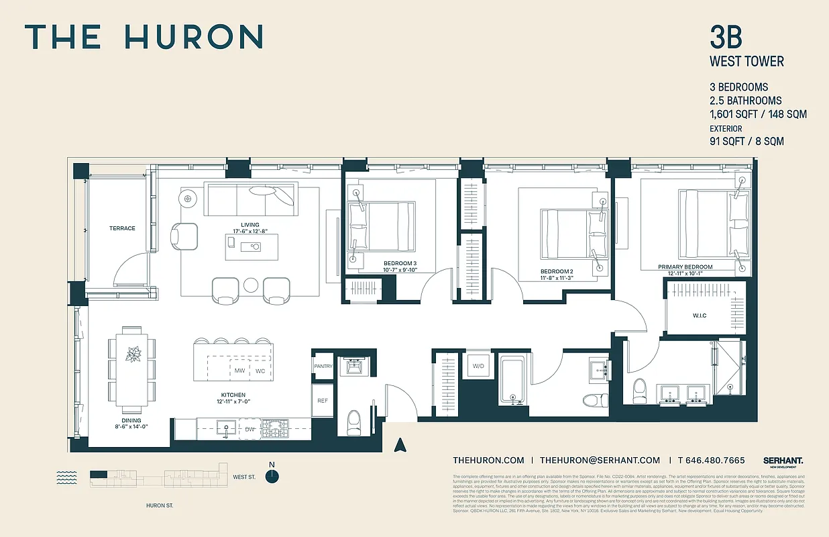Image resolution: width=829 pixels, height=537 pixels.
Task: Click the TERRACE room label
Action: coord(122,228)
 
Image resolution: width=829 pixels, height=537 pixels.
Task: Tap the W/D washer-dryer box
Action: coord(479,367)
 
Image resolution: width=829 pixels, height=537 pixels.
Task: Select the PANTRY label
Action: coord(323,367)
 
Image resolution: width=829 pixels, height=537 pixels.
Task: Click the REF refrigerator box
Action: coord(323,400)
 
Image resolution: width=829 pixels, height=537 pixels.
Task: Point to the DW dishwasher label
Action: coord(250,428)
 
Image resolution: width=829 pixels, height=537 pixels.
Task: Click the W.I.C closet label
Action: coord(700,315)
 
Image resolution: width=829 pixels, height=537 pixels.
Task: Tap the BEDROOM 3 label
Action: coord(400,263)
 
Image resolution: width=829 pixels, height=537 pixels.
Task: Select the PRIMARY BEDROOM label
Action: coord(685,266)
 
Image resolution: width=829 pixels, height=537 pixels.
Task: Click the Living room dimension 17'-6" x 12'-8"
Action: coord(245,232)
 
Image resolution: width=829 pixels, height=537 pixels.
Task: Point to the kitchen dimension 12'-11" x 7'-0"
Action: coord(233,401)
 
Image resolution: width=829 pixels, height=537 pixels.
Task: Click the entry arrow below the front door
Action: coord(401,444)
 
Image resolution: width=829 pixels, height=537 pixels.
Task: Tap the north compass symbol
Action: coord(272,476)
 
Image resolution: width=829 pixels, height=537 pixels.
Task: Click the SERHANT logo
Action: coord(783,460)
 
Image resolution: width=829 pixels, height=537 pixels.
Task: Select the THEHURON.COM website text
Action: coord(488,460)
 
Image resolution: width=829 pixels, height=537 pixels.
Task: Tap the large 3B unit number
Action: coord(726,38)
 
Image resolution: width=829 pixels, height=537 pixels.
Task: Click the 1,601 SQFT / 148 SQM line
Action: coord(758,114)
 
